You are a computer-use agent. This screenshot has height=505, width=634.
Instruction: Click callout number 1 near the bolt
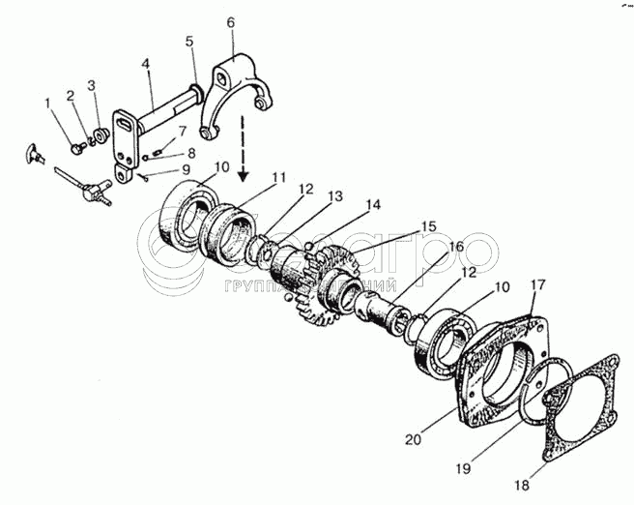coord(45,103)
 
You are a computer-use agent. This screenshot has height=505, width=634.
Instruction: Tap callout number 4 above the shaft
coord(145,65)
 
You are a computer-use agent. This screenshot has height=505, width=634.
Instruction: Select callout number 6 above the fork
coord(231,21)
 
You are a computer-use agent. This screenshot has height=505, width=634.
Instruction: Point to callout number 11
coord(279,177)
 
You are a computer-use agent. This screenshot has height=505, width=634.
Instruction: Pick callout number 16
coord(455,248)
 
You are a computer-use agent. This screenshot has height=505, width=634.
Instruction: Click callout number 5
coord(189,42)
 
